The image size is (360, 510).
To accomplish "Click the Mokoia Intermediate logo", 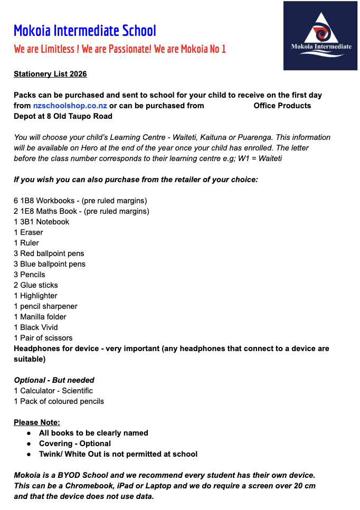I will [x=321, y=35].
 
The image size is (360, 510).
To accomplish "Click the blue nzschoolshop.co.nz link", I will [x=70, y=106].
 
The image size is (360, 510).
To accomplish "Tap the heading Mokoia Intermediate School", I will [x=85, y=31].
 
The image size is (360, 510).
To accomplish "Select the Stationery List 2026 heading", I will [x=50, y=74].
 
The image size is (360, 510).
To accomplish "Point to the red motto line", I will [x=120, y=49].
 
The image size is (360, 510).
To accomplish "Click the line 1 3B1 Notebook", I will [x=41, y=222].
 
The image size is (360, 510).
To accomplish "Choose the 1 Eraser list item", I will [x=29, y=232].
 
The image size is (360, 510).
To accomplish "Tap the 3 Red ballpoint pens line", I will [x=49, y=253].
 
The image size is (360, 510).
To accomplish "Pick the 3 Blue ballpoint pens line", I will [x=50, y=264].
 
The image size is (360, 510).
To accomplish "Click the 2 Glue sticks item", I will [x=36, y=285].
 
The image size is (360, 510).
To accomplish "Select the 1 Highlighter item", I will [x=35, y=296].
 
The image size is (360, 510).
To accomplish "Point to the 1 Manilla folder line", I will [x=40, y=317].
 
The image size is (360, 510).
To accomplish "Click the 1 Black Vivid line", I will [x=36, y=327].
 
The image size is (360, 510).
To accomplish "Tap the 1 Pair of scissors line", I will [x=43, y=338].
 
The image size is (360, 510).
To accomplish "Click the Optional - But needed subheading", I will [x=54, y=380].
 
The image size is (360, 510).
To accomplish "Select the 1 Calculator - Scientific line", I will [x=53, y=391].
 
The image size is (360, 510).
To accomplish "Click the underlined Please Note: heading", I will [x=37, y=422].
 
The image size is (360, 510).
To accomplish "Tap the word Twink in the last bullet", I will [x=50, y=454].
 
